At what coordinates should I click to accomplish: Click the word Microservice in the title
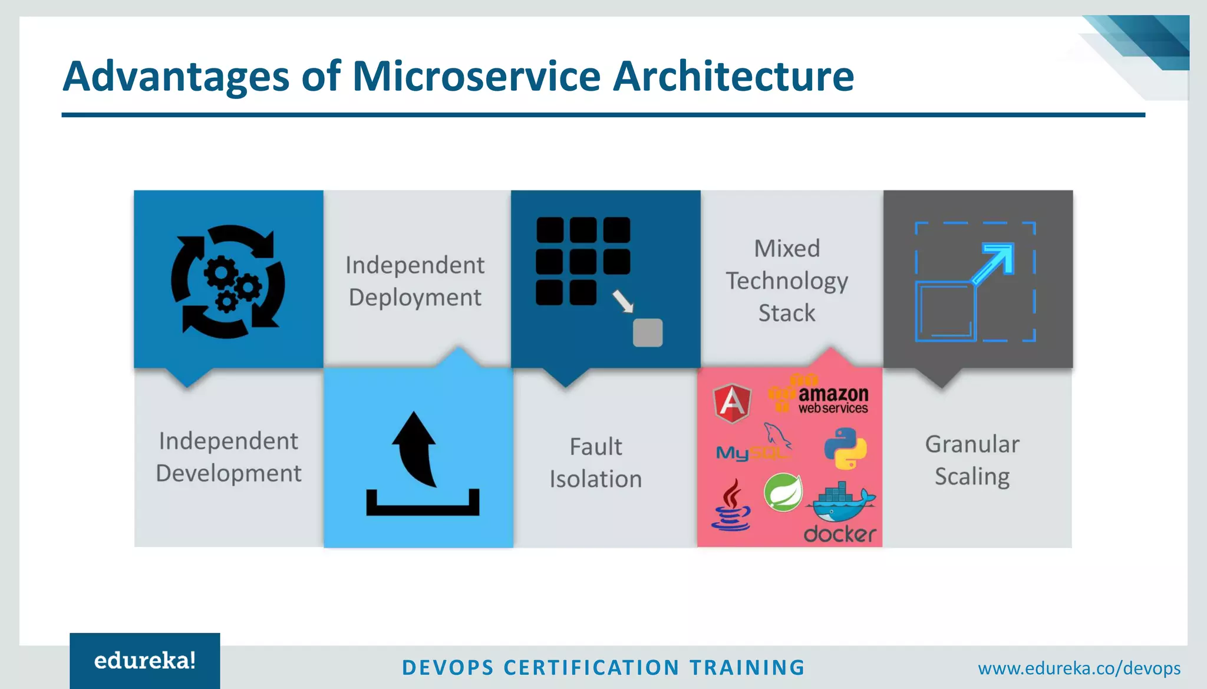476,77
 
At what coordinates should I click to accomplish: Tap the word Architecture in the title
733,77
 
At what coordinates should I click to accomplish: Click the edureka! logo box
145,660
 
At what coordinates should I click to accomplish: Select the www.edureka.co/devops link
1079,668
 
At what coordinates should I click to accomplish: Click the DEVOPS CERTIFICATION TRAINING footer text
603,668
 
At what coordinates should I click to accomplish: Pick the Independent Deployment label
415,281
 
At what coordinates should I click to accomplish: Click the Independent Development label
229,457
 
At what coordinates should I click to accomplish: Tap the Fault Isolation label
596,463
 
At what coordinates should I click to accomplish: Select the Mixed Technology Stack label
787,281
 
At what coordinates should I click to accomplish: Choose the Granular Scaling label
972,460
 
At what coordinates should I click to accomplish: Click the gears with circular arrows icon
228,281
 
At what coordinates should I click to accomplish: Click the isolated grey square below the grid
647,333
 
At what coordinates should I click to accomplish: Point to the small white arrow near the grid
622,301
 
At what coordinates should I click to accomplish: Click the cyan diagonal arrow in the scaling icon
994,263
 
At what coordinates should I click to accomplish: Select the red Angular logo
732,403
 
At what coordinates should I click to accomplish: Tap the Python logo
845,449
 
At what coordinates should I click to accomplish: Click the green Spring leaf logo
783,492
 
